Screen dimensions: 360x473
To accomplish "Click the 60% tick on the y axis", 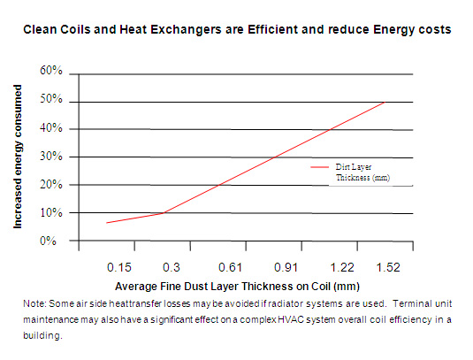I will click(x=50, y=69).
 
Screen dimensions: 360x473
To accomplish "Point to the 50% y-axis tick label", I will click(x=50, y=100).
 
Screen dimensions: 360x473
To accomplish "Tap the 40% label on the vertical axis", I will click(x=50, y=128).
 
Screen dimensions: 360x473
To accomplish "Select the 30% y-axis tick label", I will click(x=50, y=157).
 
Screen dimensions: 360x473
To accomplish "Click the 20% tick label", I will click(x=50, y=185).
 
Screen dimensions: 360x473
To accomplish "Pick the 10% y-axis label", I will click(x=50, y=213).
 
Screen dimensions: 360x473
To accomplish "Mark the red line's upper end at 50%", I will click(x=384, y=103).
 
